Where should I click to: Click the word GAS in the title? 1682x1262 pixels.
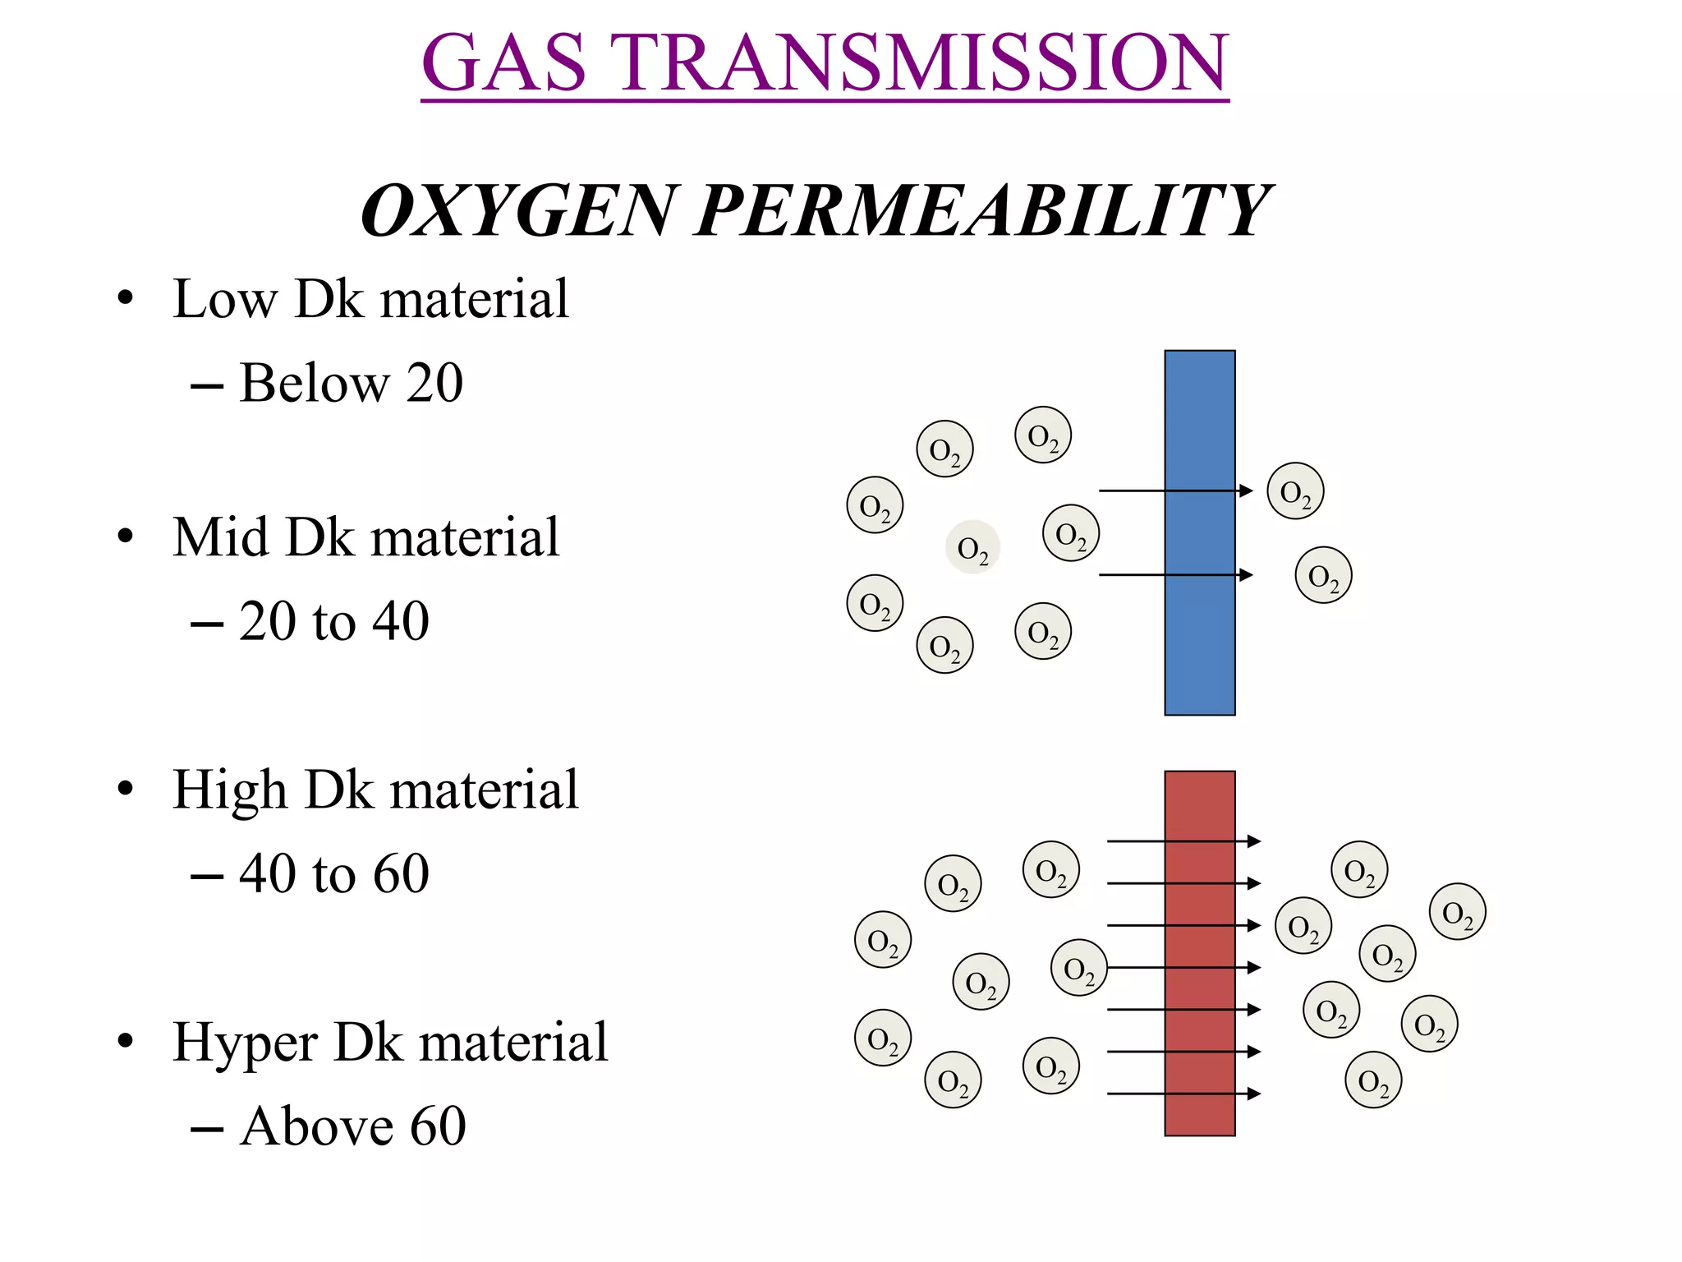[503, 63]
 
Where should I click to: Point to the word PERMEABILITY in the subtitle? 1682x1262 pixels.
[982, 210]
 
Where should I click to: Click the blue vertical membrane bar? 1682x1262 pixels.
[1199, 641]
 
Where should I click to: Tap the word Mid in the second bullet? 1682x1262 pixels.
[220, 537]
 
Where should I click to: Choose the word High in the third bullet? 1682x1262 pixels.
[229, 790]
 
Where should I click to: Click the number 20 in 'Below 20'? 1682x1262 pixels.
[434, 383]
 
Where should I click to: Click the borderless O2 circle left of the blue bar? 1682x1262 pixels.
[972, 547]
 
